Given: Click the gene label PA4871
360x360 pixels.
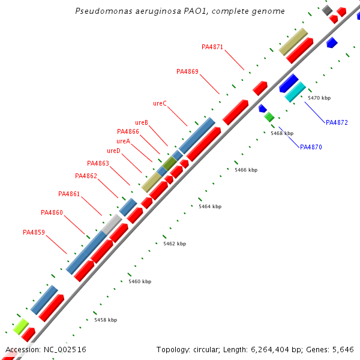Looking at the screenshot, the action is [212, 47].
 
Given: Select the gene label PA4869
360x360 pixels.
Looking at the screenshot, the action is [187, 71].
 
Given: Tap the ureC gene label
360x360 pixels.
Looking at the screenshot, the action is [160, 103].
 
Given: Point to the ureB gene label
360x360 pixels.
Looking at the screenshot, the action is [142, 122].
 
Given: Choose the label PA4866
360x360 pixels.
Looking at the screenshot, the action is [128, 131].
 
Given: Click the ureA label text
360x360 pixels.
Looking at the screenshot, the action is [123, 141].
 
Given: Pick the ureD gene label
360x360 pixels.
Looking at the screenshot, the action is [113, 151].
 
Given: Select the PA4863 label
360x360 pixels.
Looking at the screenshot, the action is [98, 163].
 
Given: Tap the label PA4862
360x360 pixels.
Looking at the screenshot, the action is [86, 176].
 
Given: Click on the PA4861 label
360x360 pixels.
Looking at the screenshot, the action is [69, 194].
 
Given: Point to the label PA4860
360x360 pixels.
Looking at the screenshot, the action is [52, 212].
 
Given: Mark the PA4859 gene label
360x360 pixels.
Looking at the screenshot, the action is [34, 232].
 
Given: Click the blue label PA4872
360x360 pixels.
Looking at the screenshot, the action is [337, 122].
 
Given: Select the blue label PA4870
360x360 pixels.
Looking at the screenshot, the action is [311, 147].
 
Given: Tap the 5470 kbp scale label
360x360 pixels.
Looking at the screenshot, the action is [319, 98].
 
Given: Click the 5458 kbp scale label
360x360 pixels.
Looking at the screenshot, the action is [106, 320].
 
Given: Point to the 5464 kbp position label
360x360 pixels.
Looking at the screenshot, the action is [210, 206].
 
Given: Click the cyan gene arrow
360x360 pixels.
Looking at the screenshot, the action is [295, 92].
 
